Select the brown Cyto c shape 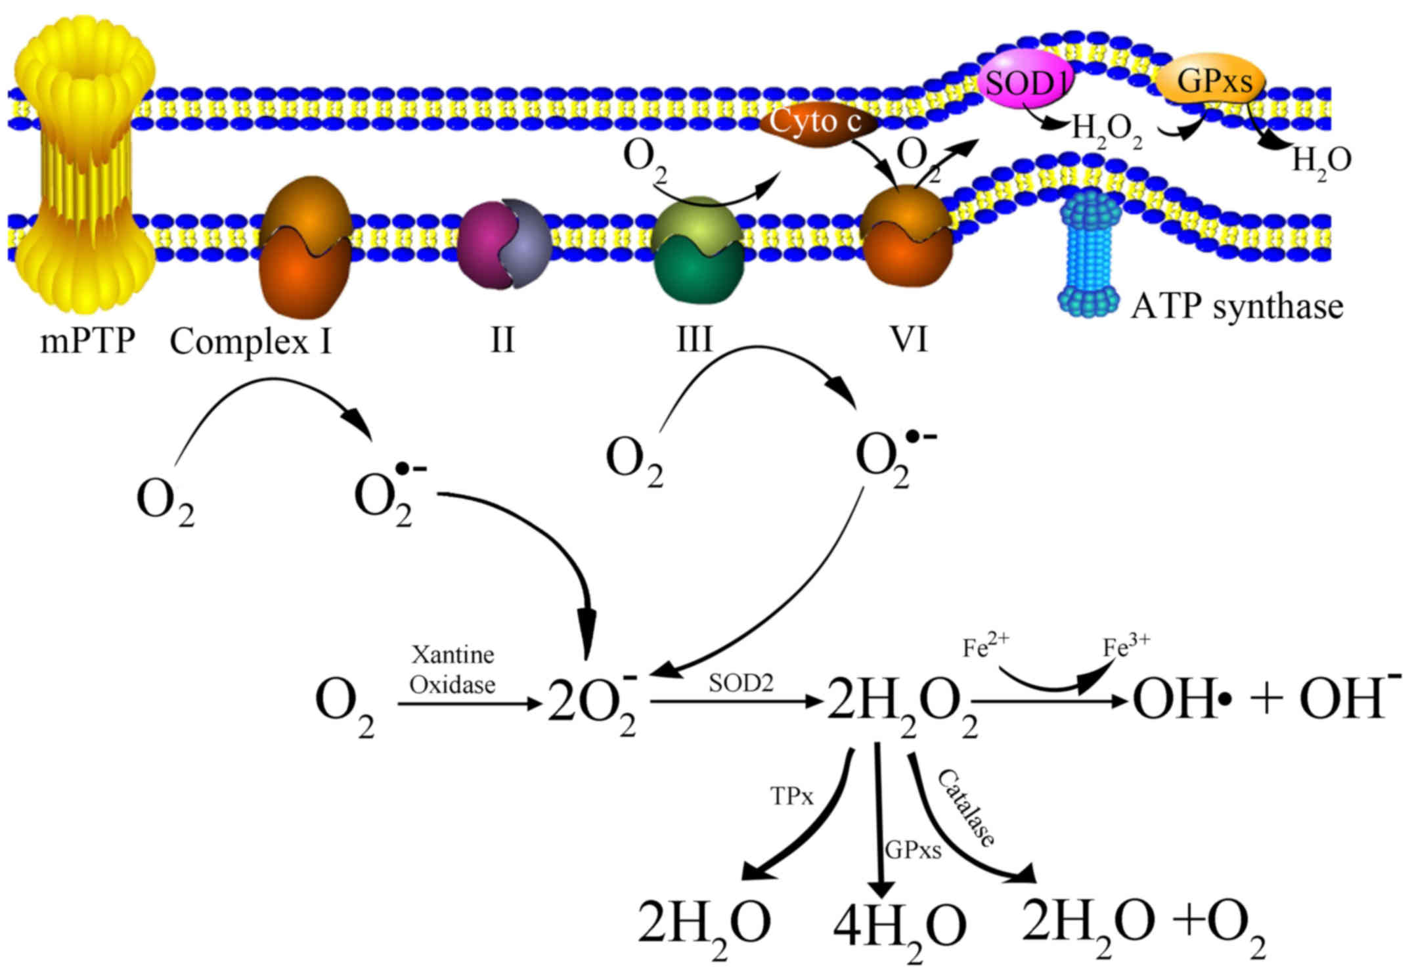tap(818, 123)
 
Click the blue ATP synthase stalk tap(1088, 253)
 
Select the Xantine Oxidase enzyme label tap(452, 669)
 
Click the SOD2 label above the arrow tap(741, 684)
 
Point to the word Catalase tap(965, 808)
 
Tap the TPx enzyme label tap(791, 797)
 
